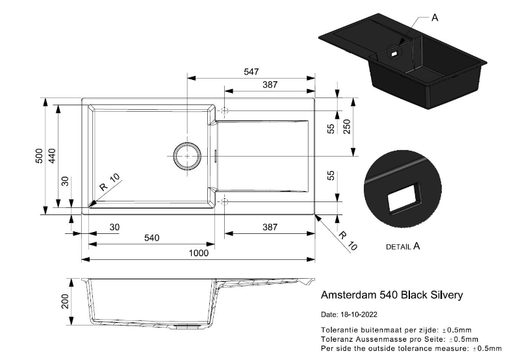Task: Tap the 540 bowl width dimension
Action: pyautogui.click(x=151, y=238)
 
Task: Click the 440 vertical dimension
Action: pyautogui.click(x=53, y=156)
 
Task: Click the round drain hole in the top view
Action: pyautogui.click(x=187, y=156)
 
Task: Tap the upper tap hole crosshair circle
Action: pyautogui.click(x=225, y=110)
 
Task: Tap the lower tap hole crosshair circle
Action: pyautogui.click(x=225, y=201)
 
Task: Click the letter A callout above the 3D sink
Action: pyautogui.click(x=435, y=18)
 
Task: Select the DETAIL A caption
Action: pyautogui.click(x=403, y=247)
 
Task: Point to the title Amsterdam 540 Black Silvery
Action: pyautogui.click(x=392, y=295)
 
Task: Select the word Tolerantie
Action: pyautogui.click(x=341, y=330)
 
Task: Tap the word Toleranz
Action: pyautogui.click(x=340, y=339)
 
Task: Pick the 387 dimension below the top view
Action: pyautogui.click(x=270, y=227)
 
